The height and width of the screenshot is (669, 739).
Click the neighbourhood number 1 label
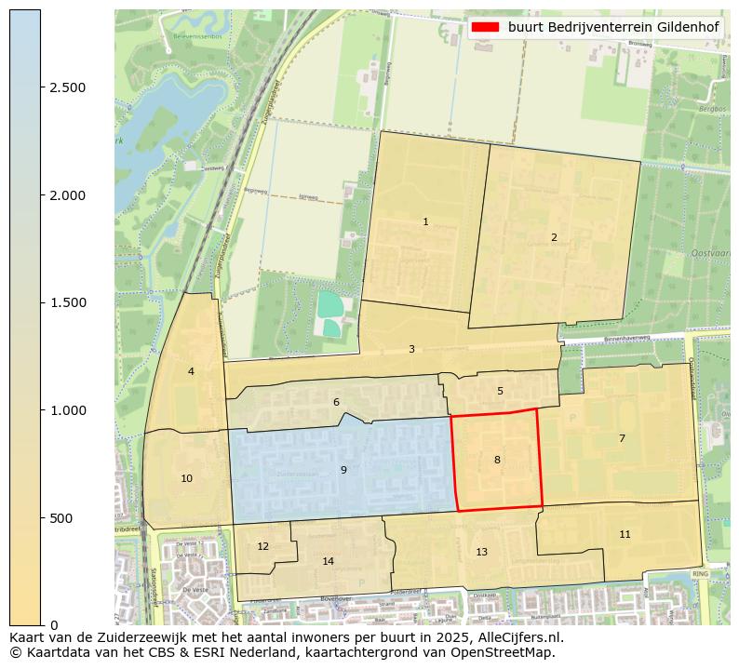tap(425, 221)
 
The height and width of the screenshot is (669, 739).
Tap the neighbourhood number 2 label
tap(554, 237)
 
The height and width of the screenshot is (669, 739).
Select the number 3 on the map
tap(411, 349)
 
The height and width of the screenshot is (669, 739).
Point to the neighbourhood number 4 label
tap(191, 371)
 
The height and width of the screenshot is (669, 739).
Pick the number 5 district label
tap(500, 391)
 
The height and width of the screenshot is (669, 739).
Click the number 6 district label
tap(336, 402)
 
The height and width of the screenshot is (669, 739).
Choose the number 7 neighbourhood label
tap(622, 438)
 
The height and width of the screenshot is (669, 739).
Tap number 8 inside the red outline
tap(497, 460)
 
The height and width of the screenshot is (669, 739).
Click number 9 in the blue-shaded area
tap(343, 470)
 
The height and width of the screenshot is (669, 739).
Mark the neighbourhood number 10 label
tap(187, 478)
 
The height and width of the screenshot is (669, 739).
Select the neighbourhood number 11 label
tap(625, 534)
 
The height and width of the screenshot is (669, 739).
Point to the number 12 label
tap(262, 546)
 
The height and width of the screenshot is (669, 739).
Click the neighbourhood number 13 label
tap(481, 552)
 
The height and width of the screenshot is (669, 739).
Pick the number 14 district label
tap(328, 561)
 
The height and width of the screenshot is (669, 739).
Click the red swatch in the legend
tap(486, 27)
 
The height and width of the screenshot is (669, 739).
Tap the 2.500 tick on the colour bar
tap(67, 87)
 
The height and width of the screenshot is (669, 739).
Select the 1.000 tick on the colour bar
tap(67, 410)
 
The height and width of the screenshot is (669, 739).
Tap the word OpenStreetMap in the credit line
tap(510, 652)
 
